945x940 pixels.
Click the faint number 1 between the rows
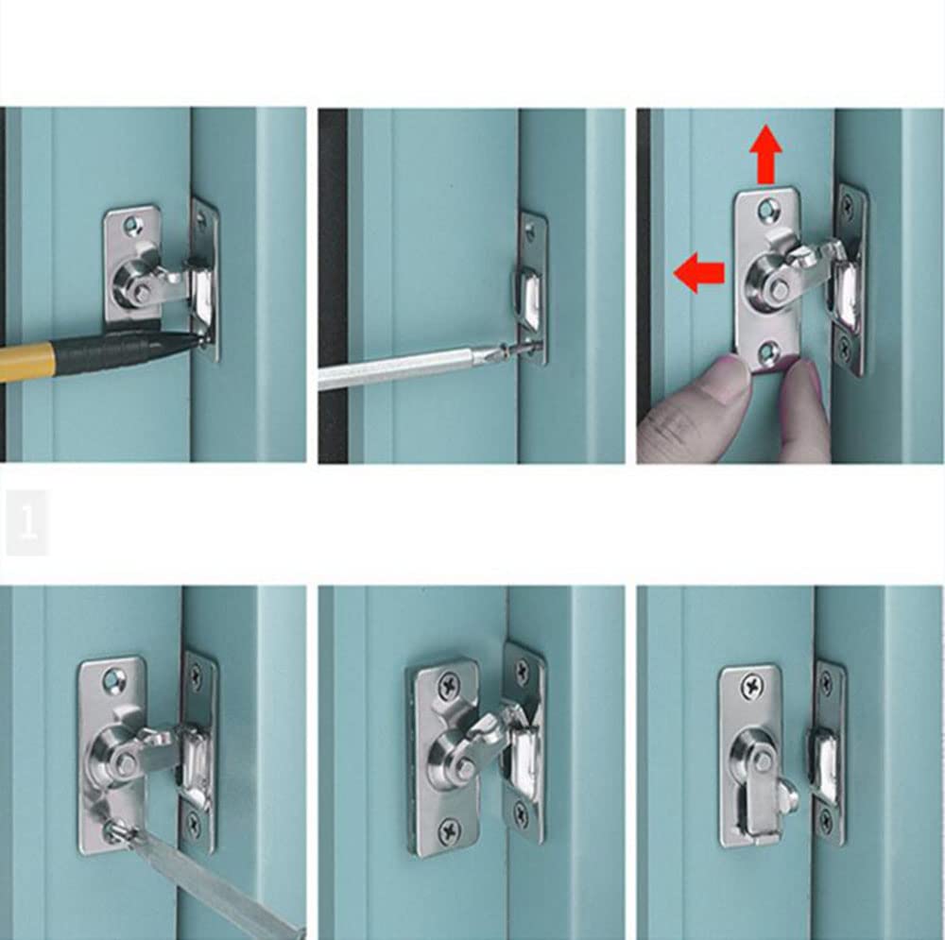pyautogui.click(x=27, y=521)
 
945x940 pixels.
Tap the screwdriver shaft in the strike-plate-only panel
pyautogui.click(x=397, y=369)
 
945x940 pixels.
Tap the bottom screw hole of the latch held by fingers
pyautogui.click(x=766, y=353)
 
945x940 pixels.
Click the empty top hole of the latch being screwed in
pyautogui.click(x=115, y=677)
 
